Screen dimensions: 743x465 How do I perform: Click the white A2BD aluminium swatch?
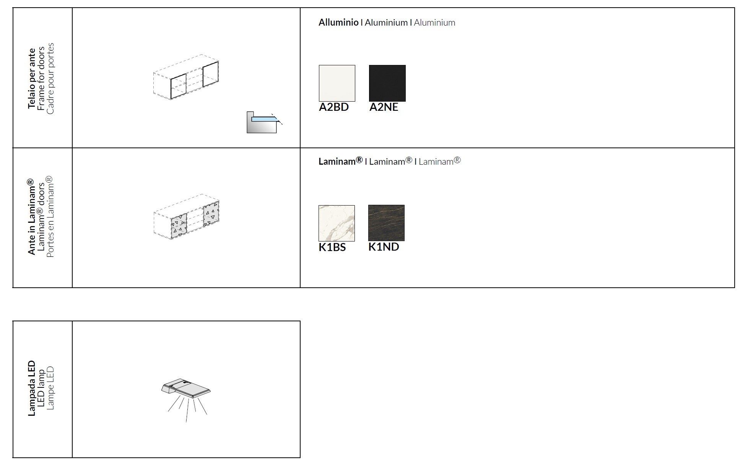point(337,83)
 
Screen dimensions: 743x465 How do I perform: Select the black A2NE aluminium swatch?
point(387,83)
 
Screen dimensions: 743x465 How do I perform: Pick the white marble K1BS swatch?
point(337,223)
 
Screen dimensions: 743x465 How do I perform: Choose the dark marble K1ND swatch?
point(386,223)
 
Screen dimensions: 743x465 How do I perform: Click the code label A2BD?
point(334,107)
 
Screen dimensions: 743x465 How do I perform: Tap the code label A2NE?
point(384,107)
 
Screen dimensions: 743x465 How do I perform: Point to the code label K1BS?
point(332,247)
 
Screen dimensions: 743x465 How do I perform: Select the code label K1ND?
point(384,247)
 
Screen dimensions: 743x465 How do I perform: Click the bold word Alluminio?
point(338,23)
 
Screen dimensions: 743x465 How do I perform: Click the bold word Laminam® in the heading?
point(341,161)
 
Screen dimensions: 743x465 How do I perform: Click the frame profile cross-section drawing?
point(264,122)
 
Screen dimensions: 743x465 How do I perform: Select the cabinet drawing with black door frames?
point(186,77)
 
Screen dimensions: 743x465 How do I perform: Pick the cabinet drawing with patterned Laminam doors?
point(186,217)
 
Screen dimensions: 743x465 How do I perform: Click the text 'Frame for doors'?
point(41,78)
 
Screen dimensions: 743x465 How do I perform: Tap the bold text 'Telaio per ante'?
point(32,78)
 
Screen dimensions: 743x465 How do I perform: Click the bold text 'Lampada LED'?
point(32,388)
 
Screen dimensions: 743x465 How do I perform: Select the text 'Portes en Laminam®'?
point(50,217)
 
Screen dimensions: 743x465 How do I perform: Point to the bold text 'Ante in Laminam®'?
point(32,217)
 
